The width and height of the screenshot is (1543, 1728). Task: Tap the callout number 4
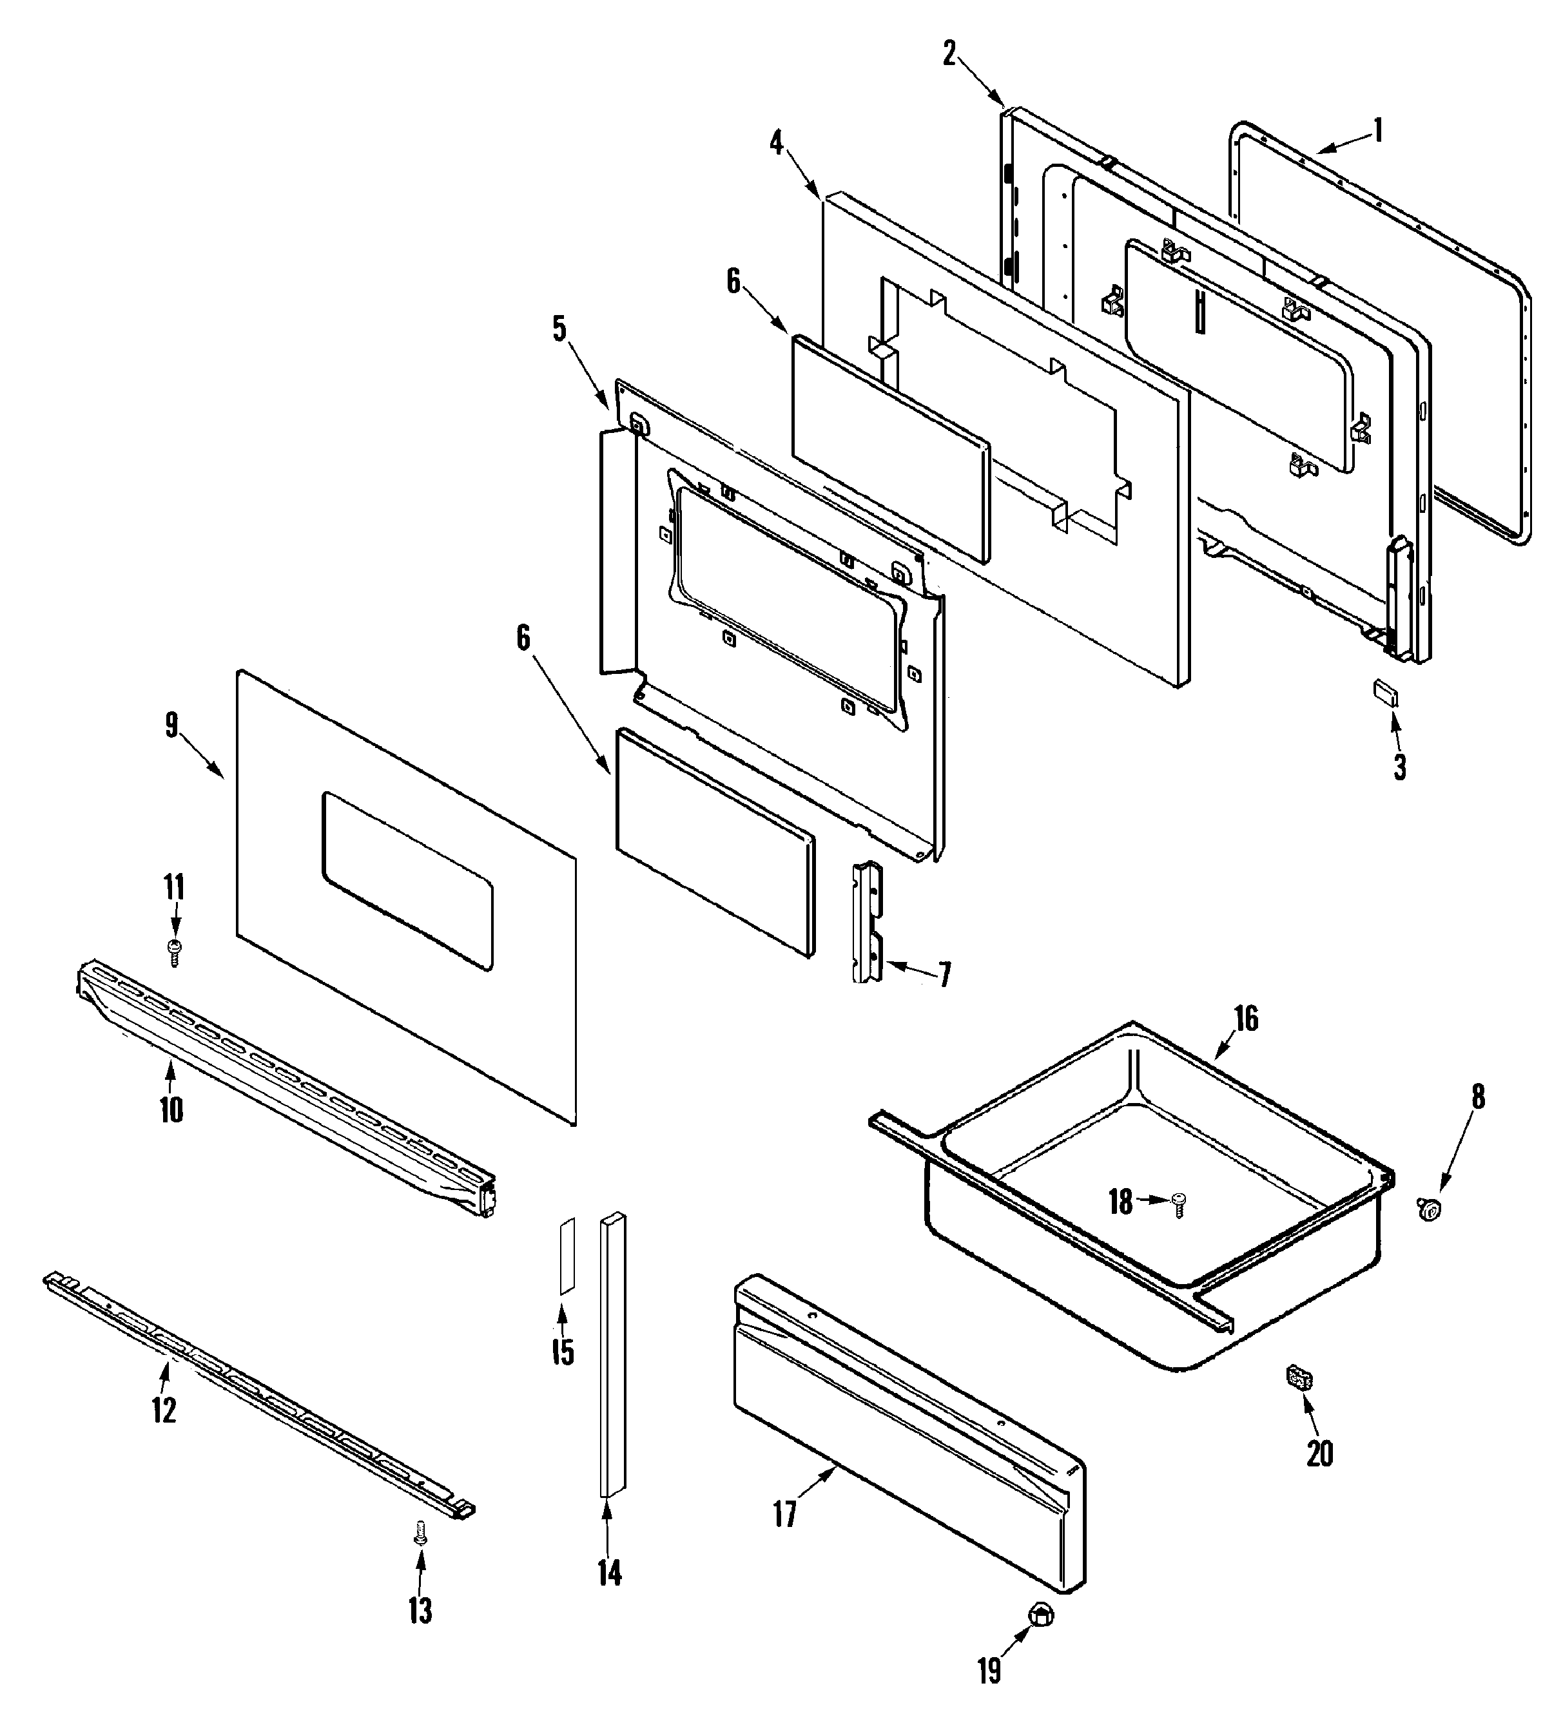777,142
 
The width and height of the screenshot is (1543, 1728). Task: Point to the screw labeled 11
175,952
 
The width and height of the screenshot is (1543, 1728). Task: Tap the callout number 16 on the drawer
1245,1018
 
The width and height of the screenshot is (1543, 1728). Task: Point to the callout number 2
949,53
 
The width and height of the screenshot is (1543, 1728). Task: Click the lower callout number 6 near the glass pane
524,638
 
